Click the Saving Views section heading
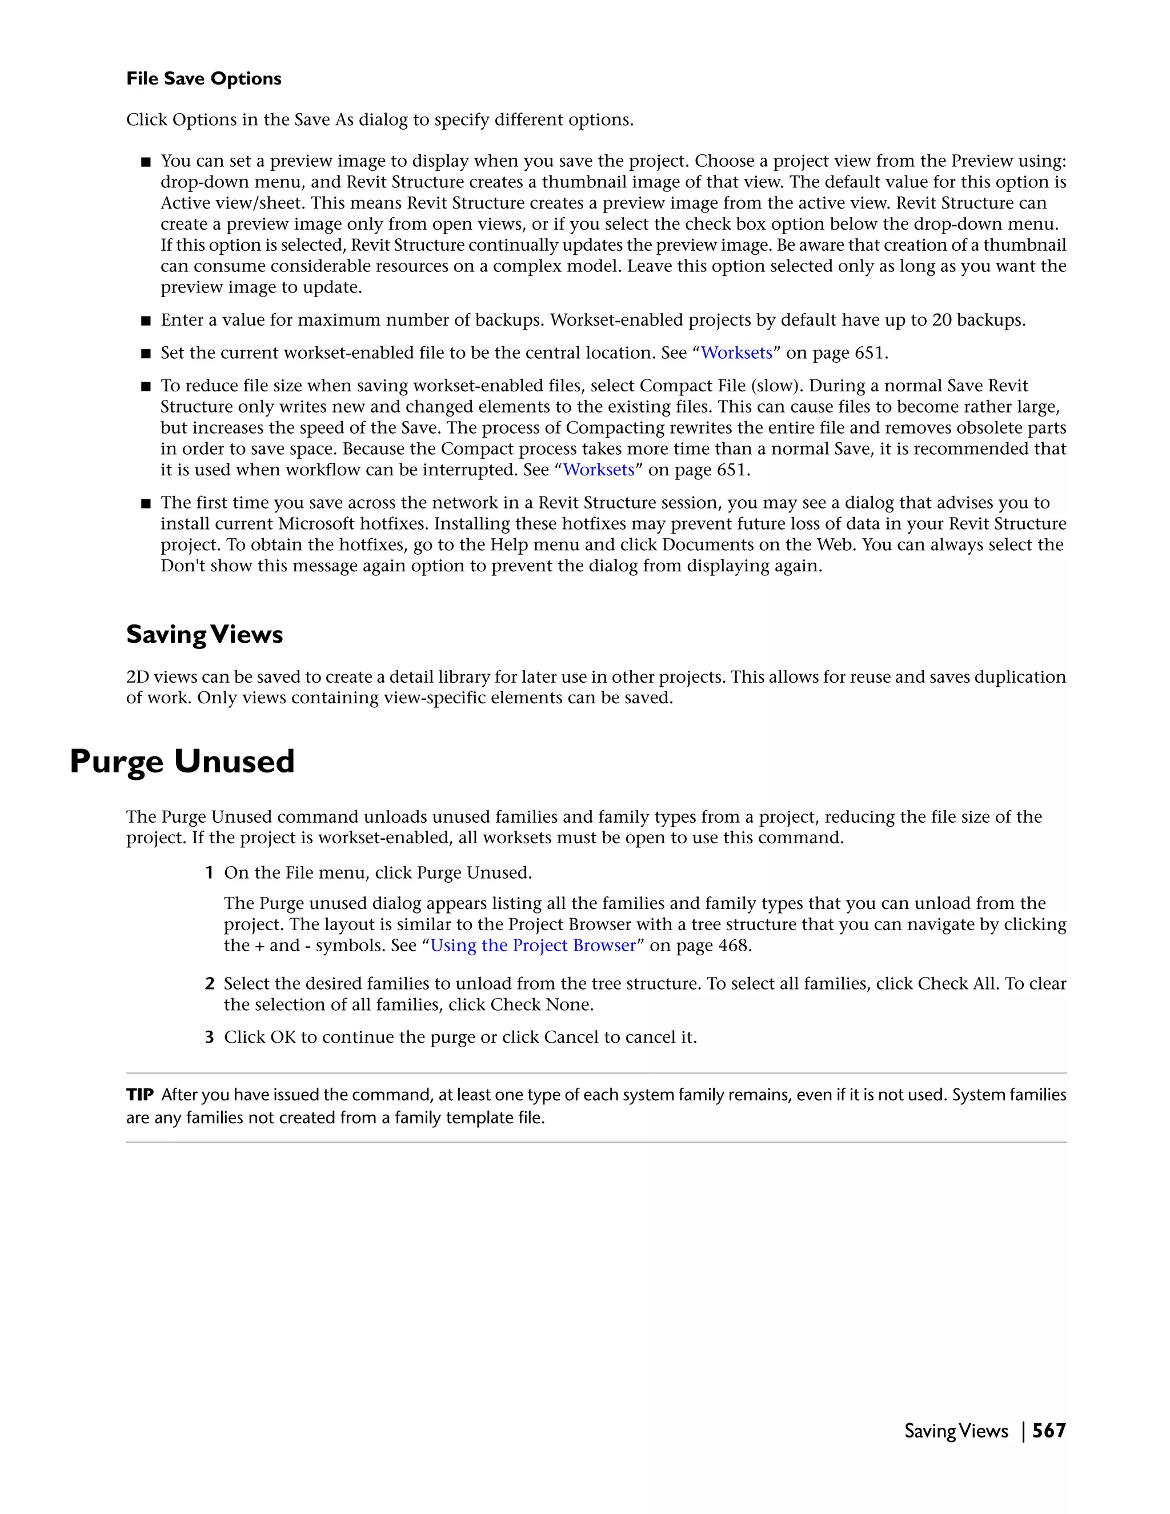click(x=205, y=634)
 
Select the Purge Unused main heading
click(x=182, y=761)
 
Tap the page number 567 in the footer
click(x=1049, y=1431)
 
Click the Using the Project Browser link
click(x=532, y=946)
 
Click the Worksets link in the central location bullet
click(x=736, y=353)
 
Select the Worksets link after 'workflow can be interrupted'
click(x=598, y=470)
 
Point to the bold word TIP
click(x=139, y=1095)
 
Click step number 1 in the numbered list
click(x=209, y=873)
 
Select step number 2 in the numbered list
click(x=209, y=984)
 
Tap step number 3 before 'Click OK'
click(x=209, y=1037)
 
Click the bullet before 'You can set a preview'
click(x=146, y=162)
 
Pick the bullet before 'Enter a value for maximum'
click(x=146, y=321)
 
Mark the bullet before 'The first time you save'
click(x=146, y=503)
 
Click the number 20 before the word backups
click(x=941, y=321)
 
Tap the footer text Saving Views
click(x=956, y=1431)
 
